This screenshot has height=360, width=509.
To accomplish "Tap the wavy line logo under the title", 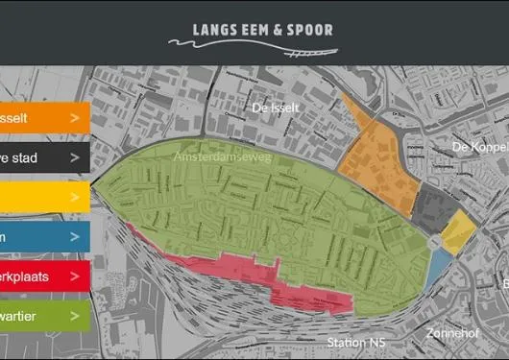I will click(252, 44).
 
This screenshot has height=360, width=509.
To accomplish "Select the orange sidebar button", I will click(43, 117).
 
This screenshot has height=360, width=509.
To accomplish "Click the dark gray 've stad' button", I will click(43, 157).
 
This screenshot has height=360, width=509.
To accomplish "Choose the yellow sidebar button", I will click(43, 197).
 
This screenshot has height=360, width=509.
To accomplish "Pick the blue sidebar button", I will click(43, 236).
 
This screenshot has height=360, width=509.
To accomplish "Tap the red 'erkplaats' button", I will click(43, 276).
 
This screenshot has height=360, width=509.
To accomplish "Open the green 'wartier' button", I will click(43, 315).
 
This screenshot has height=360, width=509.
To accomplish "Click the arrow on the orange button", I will click(75, 117).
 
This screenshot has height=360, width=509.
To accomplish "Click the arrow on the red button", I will click(75, 276).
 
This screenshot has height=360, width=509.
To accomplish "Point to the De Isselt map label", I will click(272, 108).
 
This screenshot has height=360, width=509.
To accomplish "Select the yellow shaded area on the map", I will click(458, 230).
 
